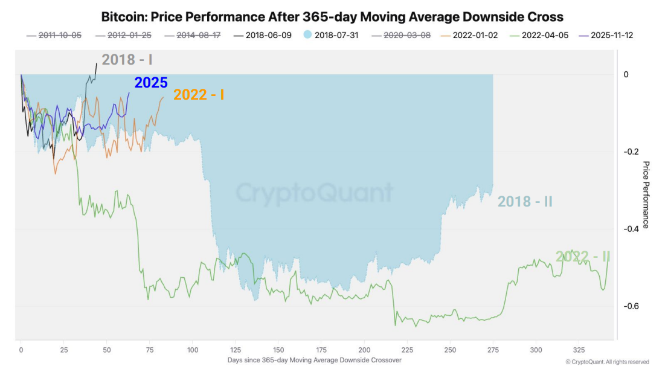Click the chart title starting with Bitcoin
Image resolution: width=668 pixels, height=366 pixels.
(x=332, y=16)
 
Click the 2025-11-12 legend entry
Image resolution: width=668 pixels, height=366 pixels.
(x=606, y=35)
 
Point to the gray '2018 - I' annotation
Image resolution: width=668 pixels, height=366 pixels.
(x=127, y=59)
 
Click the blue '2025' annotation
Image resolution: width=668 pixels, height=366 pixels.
(x=151, y=83)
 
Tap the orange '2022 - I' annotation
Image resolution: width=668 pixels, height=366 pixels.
(x=199, y=95)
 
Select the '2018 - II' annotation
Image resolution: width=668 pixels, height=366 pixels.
(x=524, y=202)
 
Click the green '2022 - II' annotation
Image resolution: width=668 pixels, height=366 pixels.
(x=582, y=257)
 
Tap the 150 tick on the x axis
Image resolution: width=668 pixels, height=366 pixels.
(x=278, y=350)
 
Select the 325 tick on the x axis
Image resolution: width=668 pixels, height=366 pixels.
(x=579, y=350)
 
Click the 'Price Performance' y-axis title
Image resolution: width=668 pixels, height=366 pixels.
(x=645, y=194)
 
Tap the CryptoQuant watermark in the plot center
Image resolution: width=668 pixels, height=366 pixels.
(x=314, y=193)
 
